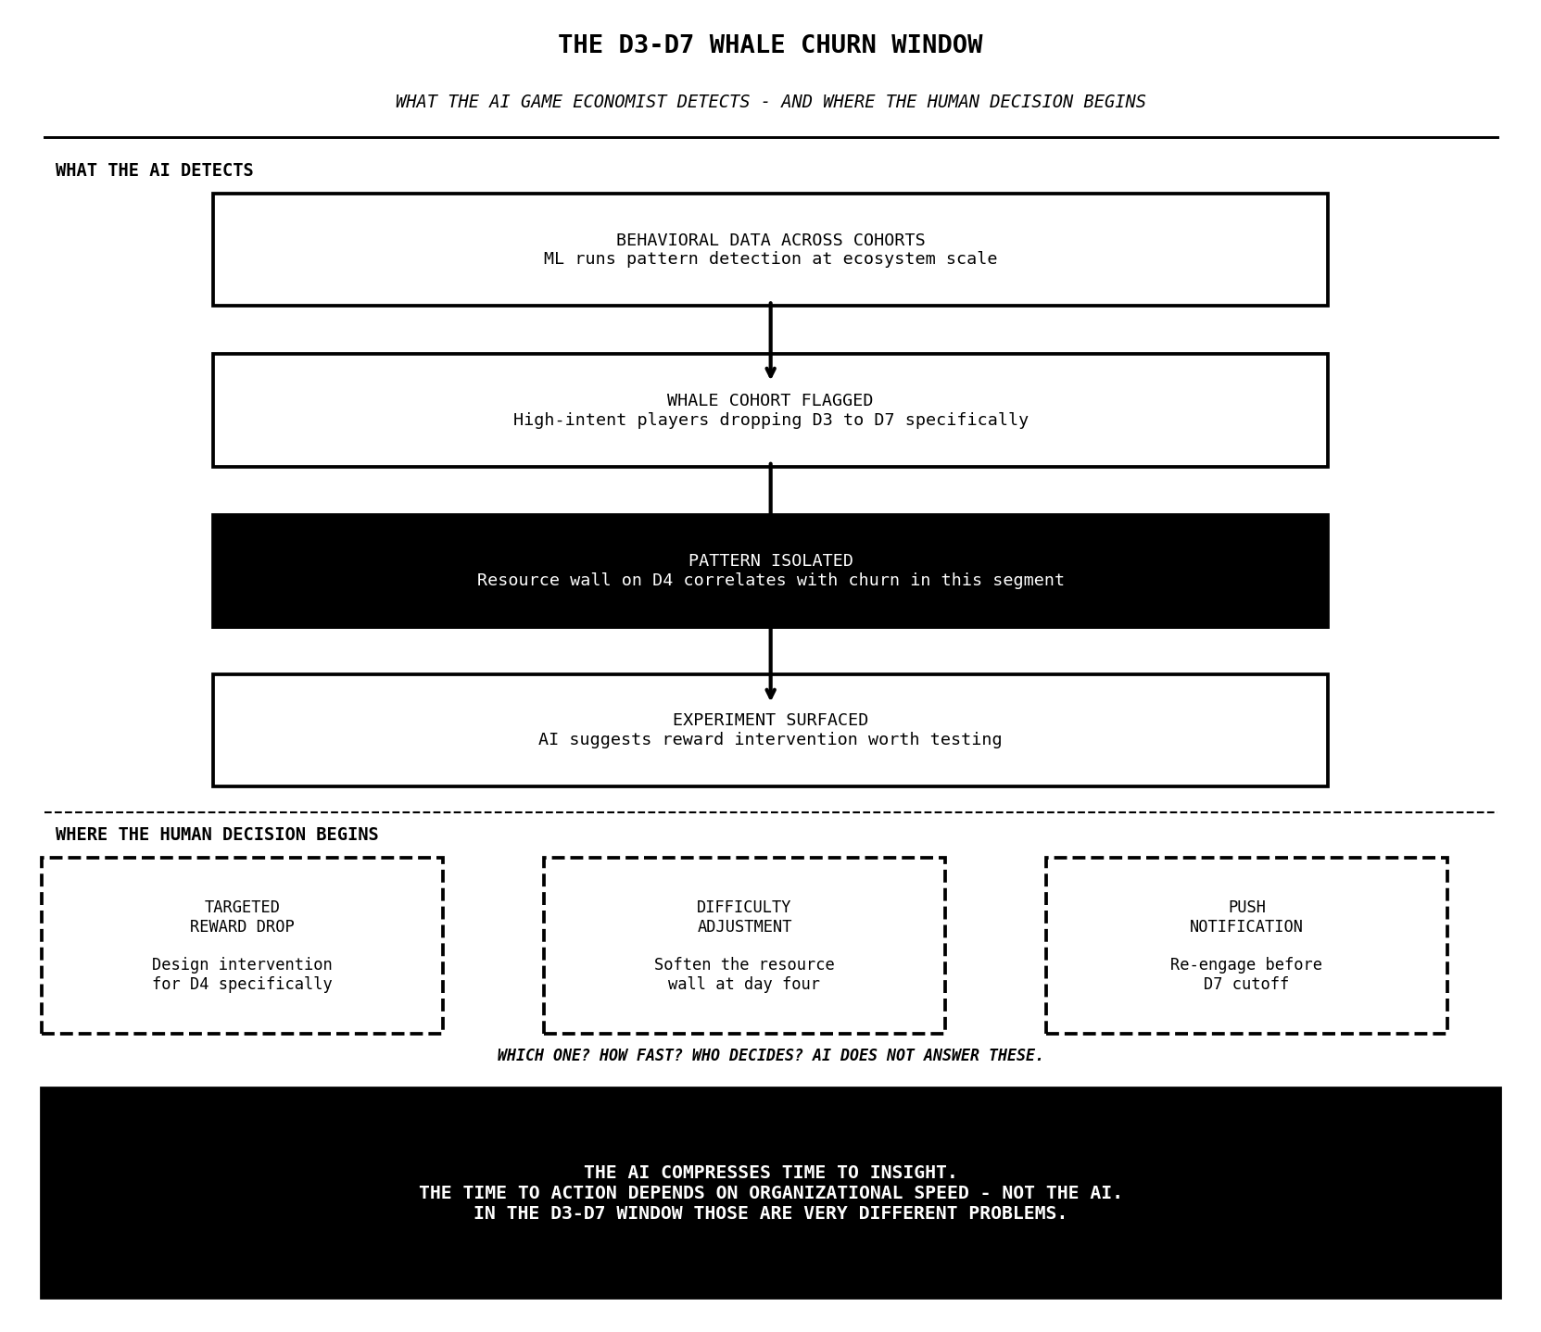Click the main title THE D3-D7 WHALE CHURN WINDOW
(769, 45)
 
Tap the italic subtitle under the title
(769, 102)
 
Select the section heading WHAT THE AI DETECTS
(154, 170)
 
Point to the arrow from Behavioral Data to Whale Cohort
(770, 339)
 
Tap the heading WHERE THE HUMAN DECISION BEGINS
(217, 835)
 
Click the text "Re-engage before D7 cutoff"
(1245, 974)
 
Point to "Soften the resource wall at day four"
(744, 974)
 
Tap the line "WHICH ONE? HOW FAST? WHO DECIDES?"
(769, 1056)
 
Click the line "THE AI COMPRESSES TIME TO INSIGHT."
(769, 1173)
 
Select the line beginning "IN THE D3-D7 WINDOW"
(769, 1213)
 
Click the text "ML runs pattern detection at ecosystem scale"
(769, 259)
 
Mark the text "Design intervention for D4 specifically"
(242, 974)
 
